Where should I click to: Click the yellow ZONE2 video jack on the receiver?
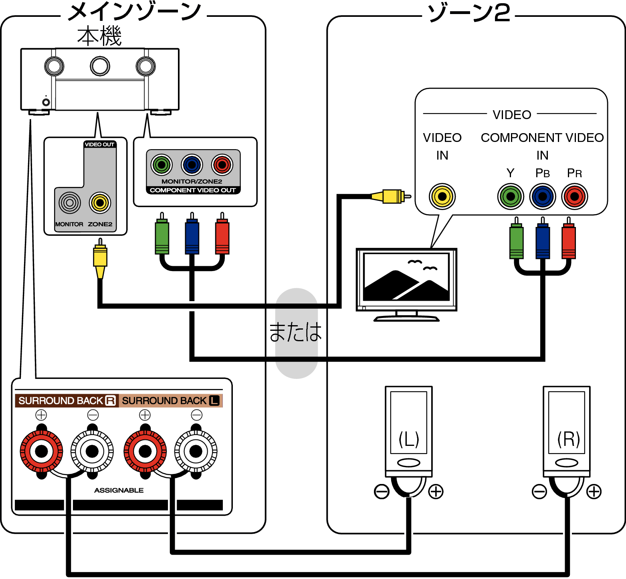[x=100, y=203]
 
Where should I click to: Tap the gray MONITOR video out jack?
[x=70, y=203]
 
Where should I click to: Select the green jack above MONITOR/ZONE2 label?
[x=162, y=165]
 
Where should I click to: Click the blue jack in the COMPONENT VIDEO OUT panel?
[x=192, y=165]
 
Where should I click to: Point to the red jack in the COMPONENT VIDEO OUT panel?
[x=222, y=165]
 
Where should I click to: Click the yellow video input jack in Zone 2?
[x=442, y=196]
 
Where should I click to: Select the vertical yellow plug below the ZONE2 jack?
[x=100, y=259]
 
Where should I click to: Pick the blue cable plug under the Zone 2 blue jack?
[x=543, y=241]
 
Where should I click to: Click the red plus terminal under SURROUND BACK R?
[x=41, y=451]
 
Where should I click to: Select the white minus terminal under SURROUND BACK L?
[x=196, y=451]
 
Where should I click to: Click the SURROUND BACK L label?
[x=171, y=401]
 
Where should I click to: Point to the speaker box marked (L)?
[x=408, y=423]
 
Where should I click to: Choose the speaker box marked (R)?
[x=566, y=423]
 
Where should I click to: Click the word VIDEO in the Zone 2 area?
[x=512, y=115]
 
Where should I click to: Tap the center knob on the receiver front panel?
[x=100, y=66]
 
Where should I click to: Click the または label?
[x=297, y=332]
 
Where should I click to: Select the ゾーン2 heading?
[x=469, y=14]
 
